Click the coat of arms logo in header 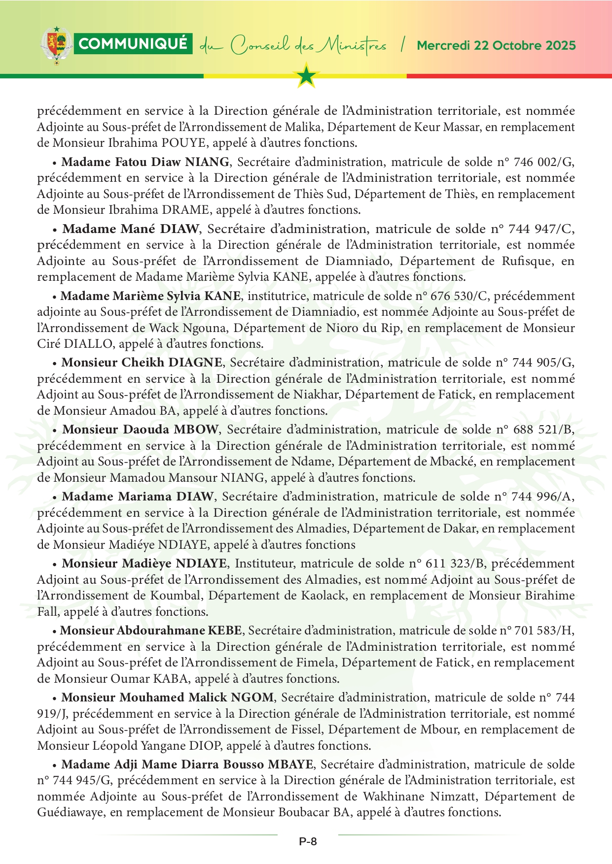point(56,45)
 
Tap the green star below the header point(306,76)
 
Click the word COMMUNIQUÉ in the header point(133,44)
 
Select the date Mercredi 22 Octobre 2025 point(496,46)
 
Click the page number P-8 point(308,841)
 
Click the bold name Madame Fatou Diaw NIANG point(145,162)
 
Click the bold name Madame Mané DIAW point(131,229)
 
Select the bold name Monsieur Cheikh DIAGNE point(142,363)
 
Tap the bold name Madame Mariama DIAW point(138,497)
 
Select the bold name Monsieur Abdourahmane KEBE point(151,631)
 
